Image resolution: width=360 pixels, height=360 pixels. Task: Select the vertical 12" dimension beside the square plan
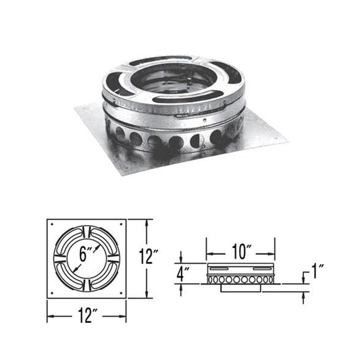153,257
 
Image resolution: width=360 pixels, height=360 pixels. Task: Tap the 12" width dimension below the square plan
86,314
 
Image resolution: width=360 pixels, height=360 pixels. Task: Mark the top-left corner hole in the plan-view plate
51,224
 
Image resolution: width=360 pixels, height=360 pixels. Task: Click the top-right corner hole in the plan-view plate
122,224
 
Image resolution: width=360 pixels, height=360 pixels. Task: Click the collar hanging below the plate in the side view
240,288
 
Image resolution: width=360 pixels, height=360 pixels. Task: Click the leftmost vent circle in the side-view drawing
211,278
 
